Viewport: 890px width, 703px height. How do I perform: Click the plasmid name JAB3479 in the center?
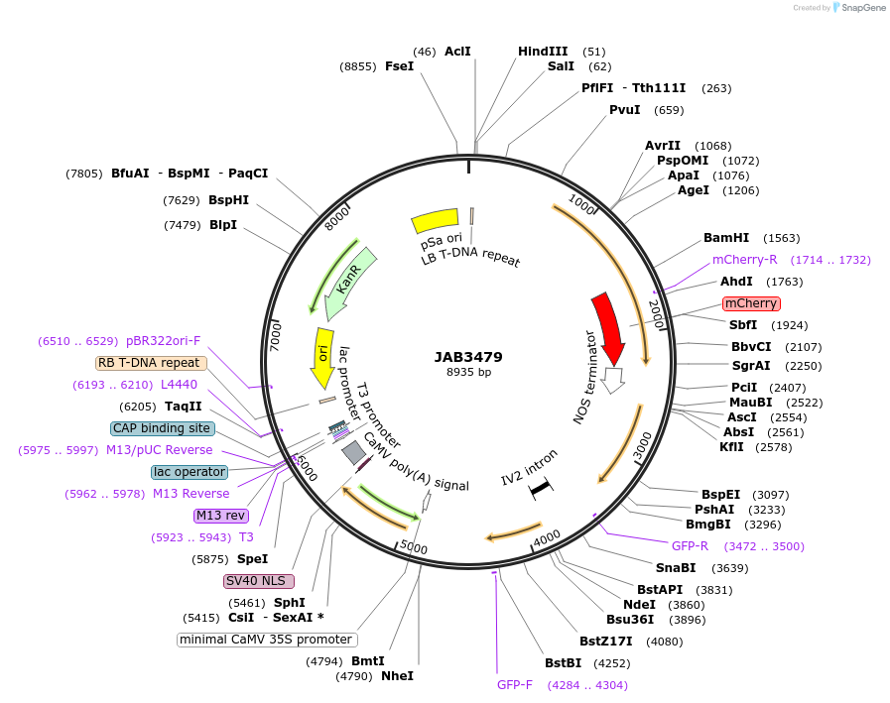(x=468, y=357)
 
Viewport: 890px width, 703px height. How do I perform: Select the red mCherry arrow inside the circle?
(x=608, y=328)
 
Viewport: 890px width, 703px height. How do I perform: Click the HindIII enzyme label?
(x=543, y=52)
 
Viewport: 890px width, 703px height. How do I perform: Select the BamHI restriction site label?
(x=726, y=238)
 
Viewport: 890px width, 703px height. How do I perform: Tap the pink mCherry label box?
(x=751, y=303)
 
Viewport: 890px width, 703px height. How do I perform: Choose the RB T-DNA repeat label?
(x=152, y=363)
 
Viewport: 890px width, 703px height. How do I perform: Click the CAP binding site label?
(x=162, y=428)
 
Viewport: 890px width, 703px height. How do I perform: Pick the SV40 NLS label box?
(x=252, y=581)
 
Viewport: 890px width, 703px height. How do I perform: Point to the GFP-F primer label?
(x=515, y=684)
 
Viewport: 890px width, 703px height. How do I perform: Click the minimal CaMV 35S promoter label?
(x=267, y=640)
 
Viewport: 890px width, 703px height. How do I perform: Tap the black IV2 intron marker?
(x=540, y=488)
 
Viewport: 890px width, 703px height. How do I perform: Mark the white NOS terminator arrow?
(x=613, y=380)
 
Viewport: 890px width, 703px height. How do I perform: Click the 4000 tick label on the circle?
(x=547, y=537)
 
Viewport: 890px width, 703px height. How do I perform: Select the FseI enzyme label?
(x=399, y=66)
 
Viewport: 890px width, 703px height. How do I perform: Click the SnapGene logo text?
(x=861, y=7)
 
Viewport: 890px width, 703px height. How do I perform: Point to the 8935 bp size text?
(x=468, y=373)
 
